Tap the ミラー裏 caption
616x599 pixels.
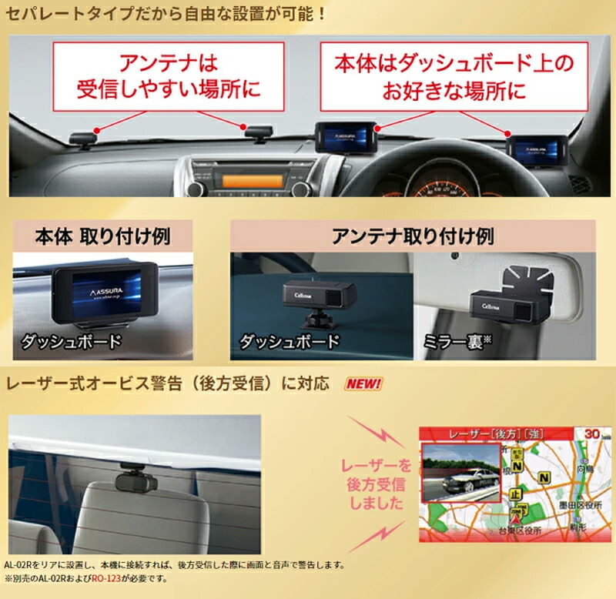pos(461,341)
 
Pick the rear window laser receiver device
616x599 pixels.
pos(136,480)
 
